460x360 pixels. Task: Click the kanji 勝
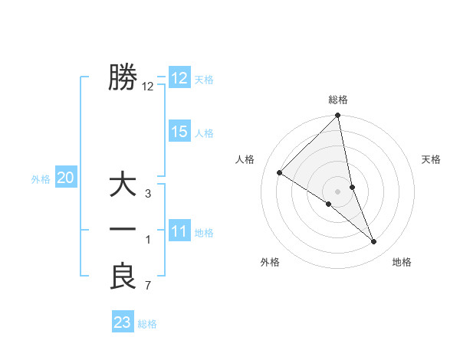click(123, 77)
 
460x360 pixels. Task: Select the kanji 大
click(123, 186)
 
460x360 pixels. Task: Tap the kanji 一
click(123, 230)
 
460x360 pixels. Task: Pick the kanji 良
click(123, 277)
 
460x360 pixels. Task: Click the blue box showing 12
click(179, 78)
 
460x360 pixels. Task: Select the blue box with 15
click(179, 132)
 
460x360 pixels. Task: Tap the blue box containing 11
click(179, 231)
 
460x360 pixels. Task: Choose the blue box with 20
click(65, 178)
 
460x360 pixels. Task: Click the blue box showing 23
click(122, 322)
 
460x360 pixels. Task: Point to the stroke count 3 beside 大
click(147, 195)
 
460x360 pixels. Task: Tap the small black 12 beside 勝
click(148, 87)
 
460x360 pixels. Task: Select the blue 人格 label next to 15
click(204, 133)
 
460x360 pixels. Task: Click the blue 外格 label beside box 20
click(41, 180)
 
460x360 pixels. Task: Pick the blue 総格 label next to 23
click(147, 324)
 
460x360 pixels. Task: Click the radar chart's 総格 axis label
click(338, 100)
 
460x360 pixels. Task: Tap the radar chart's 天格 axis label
click(432, 159)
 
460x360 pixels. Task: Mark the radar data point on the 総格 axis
click(338, 116)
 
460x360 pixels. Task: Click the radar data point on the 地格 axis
click(374, 242)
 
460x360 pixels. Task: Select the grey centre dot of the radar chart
click(338, 191)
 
